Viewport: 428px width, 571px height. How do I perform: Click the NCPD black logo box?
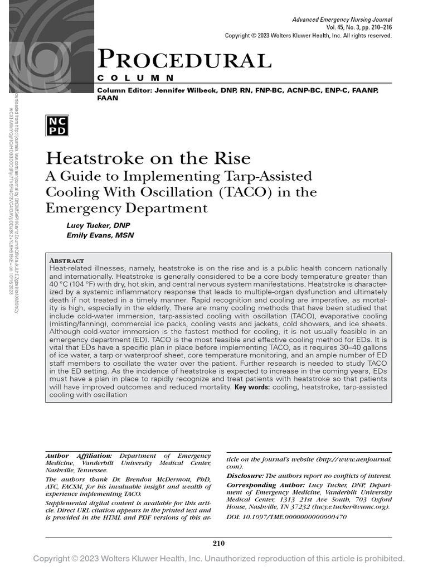click(x=59, y=127)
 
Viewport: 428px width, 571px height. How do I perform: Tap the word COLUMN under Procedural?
click(x=135, y=78)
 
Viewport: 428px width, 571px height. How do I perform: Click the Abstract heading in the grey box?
click(x=67, y=260)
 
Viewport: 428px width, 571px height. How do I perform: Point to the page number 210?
click(x=218, y=544)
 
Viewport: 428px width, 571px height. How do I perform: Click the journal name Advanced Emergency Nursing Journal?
click(x=342, y=20)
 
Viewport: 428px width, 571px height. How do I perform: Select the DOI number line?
click(x=286, y=517)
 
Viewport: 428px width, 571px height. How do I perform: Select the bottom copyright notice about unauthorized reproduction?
click(x=218, y=559)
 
